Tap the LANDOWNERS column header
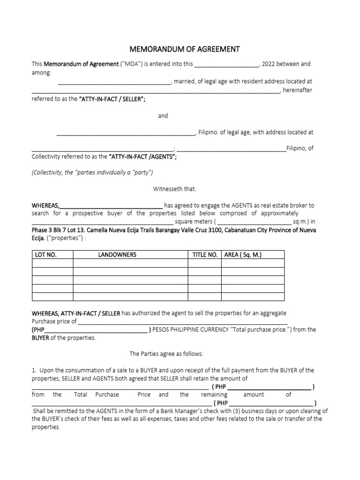[117, 255]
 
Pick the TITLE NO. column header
[205, 255]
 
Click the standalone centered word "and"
[163, 116]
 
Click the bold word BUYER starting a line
[40, 338]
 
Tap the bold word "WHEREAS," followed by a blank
[45, 205]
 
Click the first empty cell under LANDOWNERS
[130, 263]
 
